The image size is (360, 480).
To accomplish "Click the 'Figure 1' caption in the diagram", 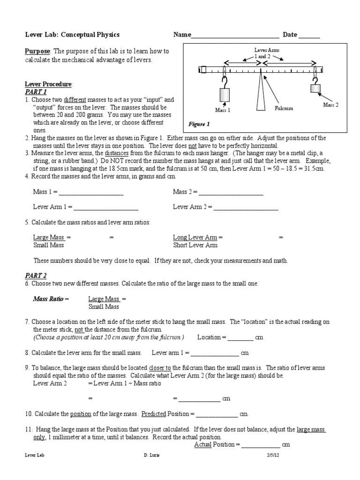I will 199,124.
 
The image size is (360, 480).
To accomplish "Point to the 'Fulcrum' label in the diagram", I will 284,108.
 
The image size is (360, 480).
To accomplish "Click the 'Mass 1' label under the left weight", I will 223,110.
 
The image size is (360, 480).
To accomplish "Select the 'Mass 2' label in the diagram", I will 330,105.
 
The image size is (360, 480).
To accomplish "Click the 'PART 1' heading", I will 36,91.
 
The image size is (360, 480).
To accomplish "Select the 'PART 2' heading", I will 36,276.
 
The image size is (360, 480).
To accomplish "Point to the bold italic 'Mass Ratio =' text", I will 51,299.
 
